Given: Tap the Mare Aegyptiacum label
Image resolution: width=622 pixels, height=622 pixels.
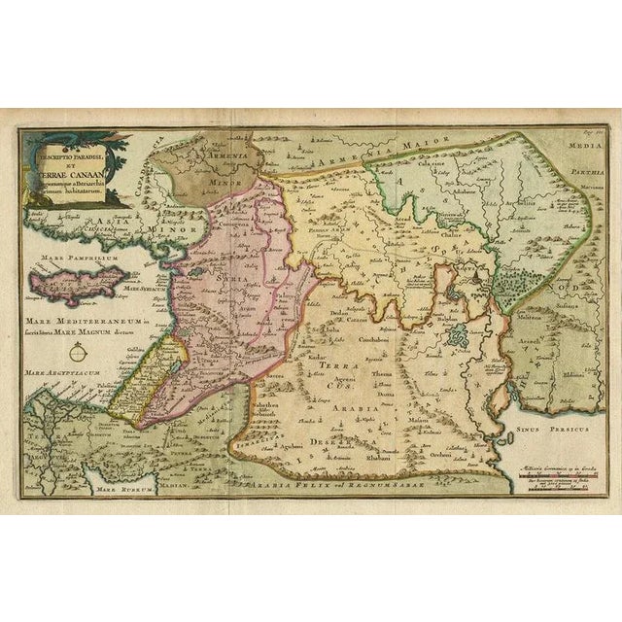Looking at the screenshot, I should click(60, 373).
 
